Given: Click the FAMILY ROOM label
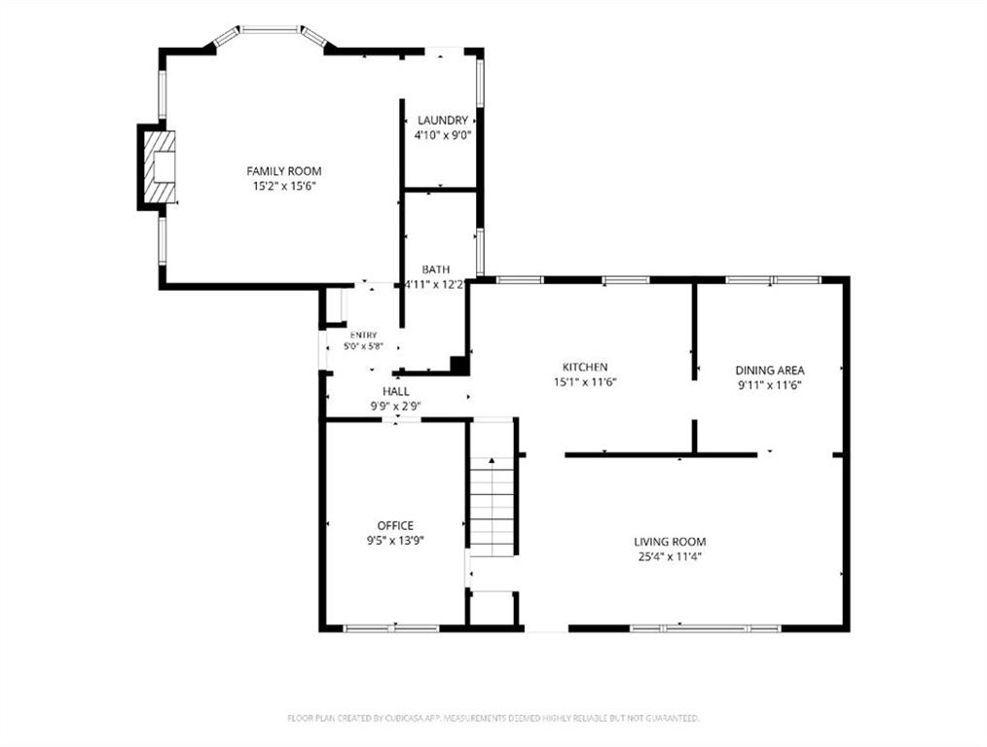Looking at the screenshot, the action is pos(284,171).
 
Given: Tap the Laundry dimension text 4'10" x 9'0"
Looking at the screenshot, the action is pos(443,135).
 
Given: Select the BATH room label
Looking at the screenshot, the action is pos(436,269).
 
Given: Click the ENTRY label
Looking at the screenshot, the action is pos(364,336).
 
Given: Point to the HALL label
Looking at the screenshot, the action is pos(396,392).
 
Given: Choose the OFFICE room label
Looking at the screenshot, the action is pos(395,525).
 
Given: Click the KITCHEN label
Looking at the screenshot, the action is pos(585,368).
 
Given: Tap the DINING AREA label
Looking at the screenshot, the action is pos(770,371).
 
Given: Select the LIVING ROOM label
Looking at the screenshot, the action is pos(670,542).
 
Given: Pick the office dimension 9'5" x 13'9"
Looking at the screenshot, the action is pos(395,541).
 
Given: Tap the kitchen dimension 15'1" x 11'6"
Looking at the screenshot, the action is pos(585,382).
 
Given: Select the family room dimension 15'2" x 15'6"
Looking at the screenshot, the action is pos(284,186).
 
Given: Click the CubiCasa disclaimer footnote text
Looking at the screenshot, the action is pos(493,718).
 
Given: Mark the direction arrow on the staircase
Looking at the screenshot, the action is pos(492,461).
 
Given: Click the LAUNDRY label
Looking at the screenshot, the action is pos(443,120).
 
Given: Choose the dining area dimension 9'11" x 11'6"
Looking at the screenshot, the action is pos(770,385).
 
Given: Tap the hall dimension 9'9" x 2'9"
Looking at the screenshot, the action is pos(396,407).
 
